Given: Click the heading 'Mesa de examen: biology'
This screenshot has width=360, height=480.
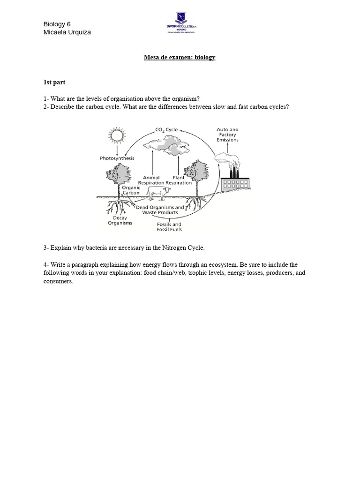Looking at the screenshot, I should pyautogui.click(x=180, y=57).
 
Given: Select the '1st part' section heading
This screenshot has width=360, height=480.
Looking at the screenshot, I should pyautogui.click(x=55, y=82).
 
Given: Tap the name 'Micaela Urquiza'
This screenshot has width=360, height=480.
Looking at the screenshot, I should pyautogui.click(x=67, y=32).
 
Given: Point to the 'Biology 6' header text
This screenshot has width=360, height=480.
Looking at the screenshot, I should pyautogui.click(x=57, y=24).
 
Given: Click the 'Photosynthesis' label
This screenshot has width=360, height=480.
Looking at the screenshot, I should pyautogui.click(x=117, y=158).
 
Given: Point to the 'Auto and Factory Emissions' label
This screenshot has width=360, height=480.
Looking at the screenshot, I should pyautogui.click(x=227, y=135).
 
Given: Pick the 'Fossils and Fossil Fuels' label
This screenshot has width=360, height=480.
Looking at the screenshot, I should pyautogui.click(x=169, y=227).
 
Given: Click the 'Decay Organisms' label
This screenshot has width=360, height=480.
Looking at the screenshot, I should pyautogui.click(x=120, y=220).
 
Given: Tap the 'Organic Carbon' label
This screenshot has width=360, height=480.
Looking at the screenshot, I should pyautogui.click(x=131, y=190).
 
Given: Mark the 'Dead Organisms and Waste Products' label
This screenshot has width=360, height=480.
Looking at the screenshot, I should pyautogui.click(x=160, y=210).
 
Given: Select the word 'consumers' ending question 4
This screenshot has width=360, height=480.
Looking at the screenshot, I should pyautogui.click(x=58, y=281).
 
